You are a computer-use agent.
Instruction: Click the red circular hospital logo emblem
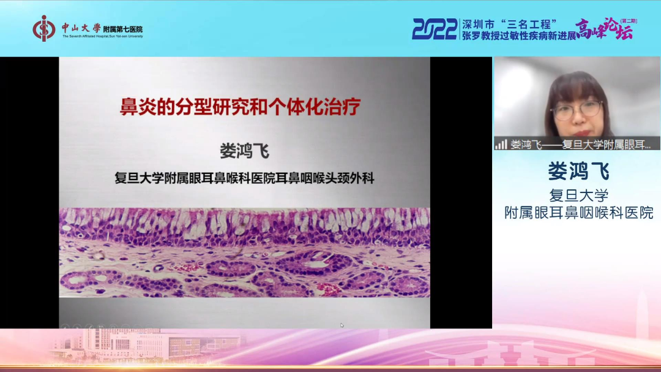(44, 28)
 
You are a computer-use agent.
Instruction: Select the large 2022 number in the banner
(435, 29)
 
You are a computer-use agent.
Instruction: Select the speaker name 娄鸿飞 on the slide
(244, 150)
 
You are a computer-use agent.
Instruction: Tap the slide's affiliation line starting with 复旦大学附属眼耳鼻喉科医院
(244, 179)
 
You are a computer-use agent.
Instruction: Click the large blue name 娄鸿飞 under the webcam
(578, 171)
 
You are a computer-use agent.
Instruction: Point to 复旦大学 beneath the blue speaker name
(578, 195)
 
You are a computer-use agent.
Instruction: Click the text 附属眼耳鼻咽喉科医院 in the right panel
(578, 213)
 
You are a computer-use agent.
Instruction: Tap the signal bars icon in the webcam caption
(501, 145)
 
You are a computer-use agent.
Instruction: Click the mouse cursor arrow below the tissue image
(342, 325)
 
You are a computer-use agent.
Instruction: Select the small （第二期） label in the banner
(628, 21)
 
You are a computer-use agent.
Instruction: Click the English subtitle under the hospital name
(102, 36)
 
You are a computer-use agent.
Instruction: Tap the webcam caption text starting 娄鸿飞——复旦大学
(581, 145)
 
